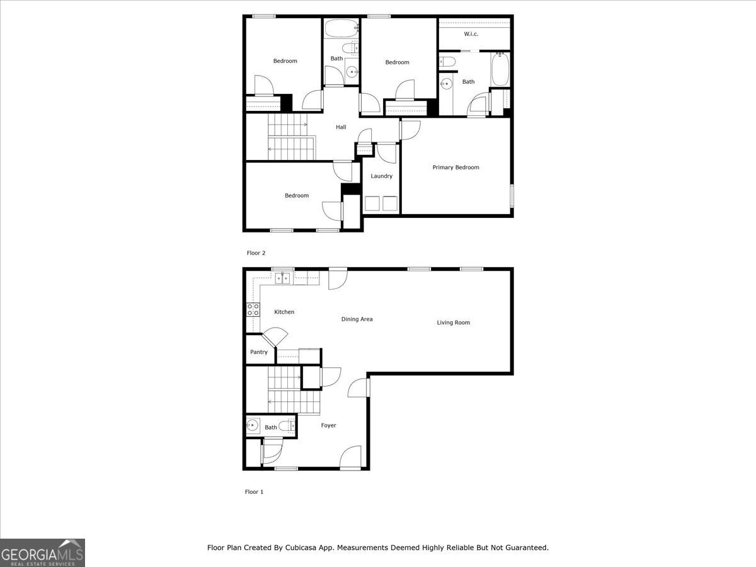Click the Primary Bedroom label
click(455, 168)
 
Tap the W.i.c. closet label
click(471, 34)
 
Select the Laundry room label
click(381, 176)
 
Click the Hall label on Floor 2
click(341, 127)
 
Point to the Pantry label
click(259, 352)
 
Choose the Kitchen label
click(284, 312)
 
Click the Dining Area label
click(357, 319)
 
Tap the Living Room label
click(453, 323)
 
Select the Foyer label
click(329, 425)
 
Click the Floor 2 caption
click(256, 253)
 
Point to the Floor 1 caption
click(254, 492)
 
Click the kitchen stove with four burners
click(253, 309)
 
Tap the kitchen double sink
click(282, 278)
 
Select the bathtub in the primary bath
click(500, 69)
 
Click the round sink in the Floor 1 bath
click(253, 425)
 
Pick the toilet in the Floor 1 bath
click(287, 427)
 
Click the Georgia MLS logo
click(42, 553)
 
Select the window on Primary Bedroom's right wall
click(512, 196)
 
